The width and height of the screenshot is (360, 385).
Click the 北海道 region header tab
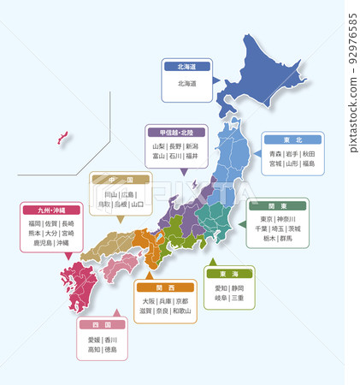(186, 65)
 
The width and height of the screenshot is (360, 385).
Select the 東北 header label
(292, 139)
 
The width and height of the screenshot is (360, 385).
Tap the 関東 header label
(279, 206)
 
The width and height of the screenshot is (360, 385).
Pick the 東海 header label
(228, 274)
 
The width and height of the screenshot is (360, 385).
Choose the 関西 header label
(165, 287)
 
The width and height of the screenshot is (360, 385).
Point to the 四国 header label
(102, 325)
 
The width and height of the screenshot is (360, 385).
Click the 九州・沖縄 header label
(51, 210)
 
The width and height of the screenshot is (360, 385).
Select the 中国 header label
(121, 181)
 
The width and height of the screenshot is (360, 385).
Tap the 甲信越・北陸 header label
(176, 133)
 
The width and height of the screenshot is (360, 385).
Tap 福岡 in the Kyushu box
(35, 222)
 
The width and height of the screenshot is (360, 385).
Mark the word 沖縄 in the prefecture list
(62, 243)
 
